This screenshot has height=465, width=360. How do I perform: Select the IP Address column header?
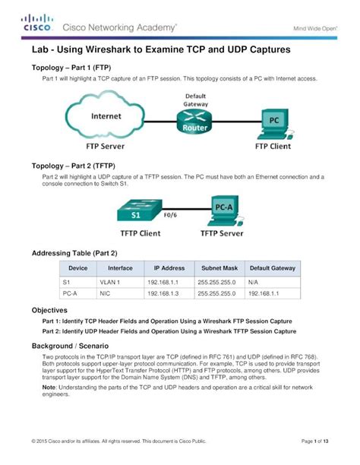[x=169, y=267]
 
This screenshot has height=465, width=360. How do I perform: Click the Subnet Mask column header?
[x=219, y=267]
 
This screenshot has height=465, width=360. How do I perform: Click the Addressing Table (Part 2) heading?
[x=74, y=252]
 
